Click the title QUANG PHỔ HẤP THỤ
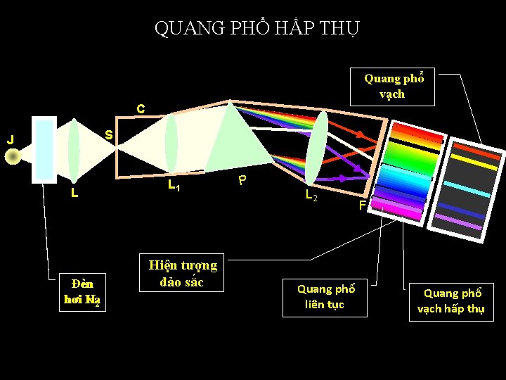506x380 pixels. click(257, 28)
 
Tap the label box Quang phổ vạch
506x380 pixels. click(394, 87)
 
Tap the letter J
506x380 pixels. click(10, 139)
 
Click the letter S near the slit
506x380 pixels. click(109, 134)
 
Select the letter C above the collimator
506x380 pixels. click(141, 109)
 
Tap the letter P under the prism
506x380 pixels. click(242, 180)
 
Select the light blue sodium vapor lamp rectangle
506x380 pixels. click(44, 149)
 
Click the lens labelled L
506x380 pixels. click(74, 150)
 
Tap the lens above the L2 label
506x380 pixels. click(316, 148)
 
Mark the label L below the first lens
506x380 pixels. click(74, 192)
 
